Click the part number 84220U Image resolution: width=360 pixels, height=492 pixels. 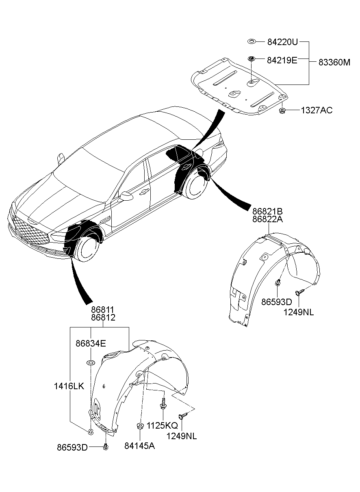coord(282,42)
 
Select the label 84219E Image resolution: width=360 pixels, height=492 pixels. coord(282,60)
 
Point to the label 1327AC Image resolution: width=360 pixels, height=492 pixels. coord(317,110)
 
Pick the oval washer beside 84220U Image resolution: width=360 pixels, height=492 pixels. coord(252,41)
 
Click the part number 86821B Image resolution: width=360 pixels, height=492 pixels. coord(267,211)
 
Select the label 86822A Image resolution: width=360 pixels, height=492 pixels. coord(267,219)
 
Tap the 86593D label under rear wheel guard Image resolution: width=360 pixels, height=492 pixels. coord(277,302)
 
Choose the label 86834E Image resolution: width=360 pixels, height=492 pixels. coord(91,343)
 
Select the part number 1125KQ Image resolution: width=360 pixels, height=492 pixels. coord(162,425)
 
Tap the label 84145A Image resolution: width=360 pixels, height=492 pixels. coord(140,446)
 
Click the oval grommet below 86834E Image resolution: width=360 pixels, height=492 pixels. coord(91,362)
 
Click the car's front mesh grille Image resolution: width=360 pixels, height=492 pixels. coord(29,229)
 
